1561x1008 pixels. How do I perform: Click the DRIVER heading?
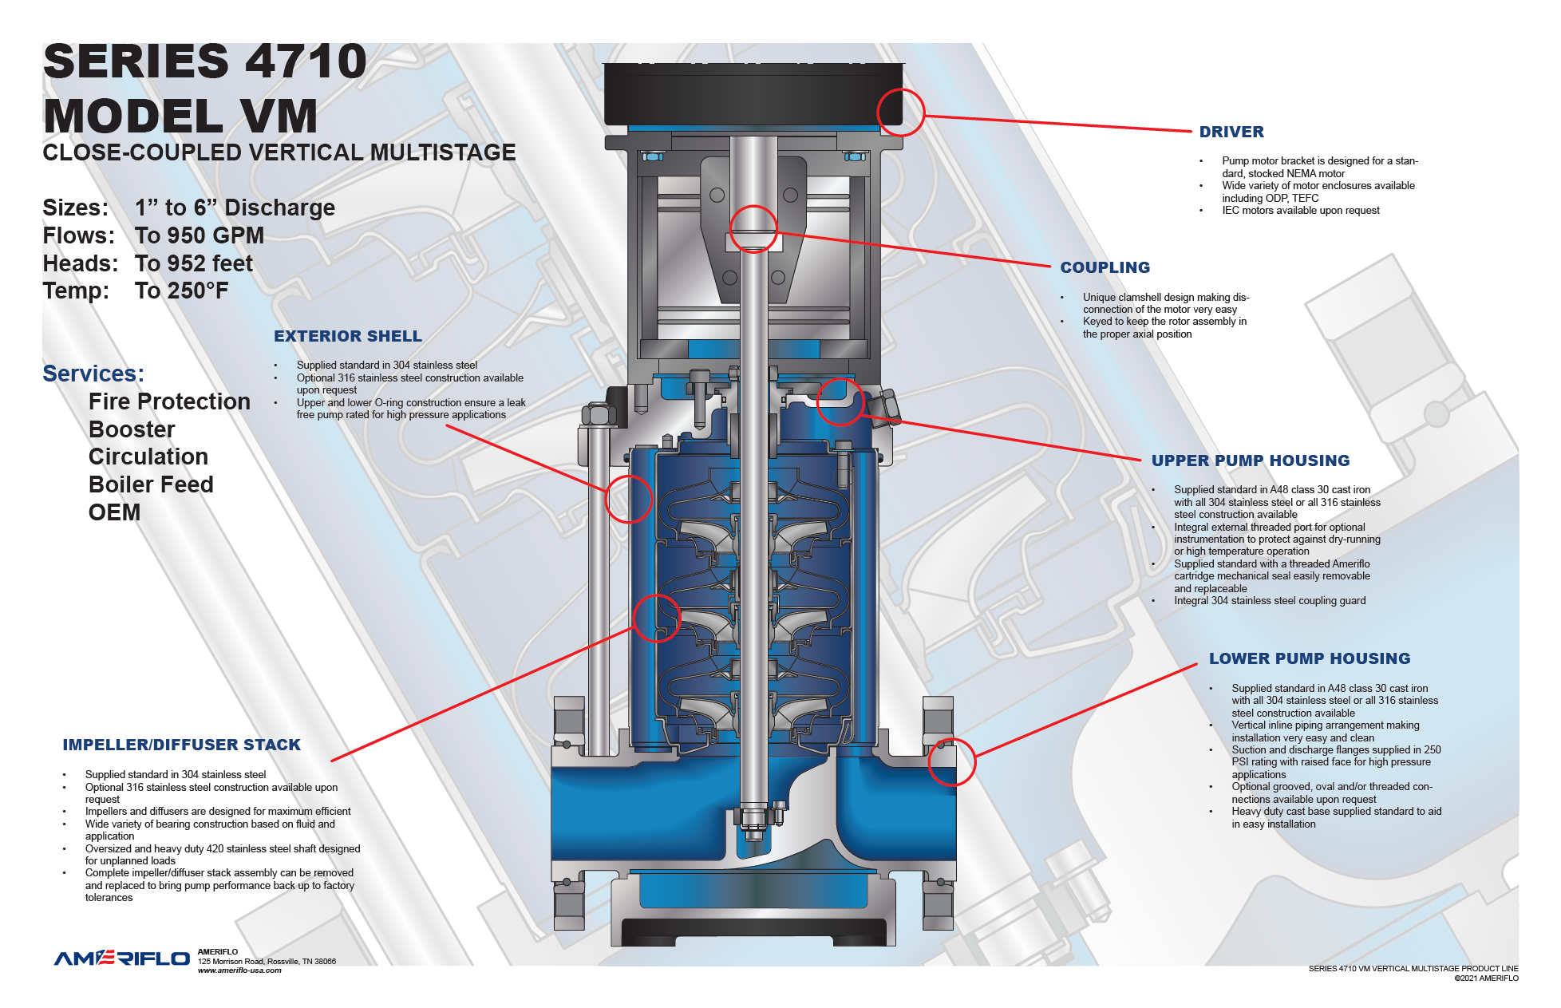(x=1231, y=132)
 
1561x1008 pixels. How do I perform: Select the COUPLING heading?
(x=1105, y=267)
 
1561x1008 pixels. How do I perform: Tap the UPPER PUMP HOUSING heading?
(x=1250, y=461)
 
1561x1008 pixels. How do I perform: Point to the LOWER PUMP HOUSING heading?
(x=1309, y=658)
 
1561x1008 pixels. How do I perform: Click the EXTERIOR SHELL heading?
(x=347, y=336)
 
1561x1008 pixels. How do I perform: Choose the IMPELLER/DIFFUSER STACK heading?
(x=181, y=745)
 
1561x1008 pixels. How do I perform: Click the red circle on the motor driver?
(x=900, y=112)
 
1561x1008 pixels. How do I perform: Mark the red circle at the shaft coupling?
(x=753, y=229)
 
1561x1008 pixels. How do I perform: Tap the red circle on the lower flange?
(x=951, y=761)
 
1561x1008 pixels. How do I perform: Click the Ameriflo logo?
(x=121, y=958)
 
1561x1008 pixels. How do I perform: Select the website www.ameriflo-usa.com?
(x=239, y=970)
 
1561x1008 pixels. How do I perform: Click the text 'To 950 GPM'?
(x=199, y=235)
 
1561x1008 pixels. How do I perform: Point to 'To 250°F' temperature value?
(x=181, y=291)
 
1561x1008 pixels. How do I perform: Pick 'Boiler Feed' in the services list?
(x=151, y=484)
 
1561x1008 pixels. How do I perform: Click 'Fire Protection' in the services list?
(x=169, y=401)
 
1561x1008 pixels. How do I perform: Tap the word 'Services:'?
(x=93, y=374)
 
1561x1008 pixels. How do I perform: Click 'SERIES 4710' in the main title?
(x=205, y=61)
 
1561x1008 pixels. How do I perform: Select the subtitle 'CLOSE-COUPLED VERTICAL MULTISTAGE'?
(x=279, y=152)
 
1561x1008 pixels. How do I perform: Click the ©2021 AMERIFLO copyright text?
(x=1485, y=978)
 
